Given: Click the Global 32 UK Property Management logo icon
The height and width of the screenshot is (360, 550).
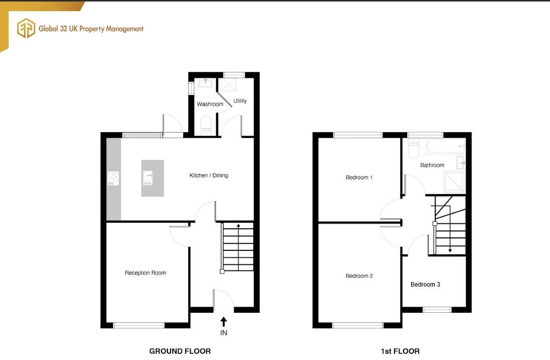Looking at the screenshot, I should click(26, 28).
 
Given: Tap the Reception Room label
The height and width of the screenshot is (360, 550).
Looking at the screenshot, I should click(145, 273).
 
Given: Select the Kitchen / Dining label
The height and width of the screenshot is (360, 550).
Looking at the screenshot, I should click(208, 175).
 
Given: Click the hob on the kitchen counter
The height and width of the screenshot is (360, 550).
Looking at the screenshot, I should click(113, 178).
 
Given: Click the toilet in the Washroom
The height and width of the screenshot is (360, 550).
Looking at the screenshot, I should click(206, 124).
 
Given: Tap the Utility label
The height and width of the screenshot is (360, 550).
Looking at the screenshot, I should click(240, 101).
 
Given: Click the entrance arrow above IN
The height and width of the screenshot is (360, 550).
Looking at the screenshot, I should click(223, 321).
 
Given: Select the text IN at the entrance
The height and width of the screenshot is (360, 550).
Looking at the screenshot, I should click(223, 333).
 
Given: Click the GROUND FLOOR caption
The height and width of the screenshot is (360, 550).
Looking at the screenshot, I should click(180, 351).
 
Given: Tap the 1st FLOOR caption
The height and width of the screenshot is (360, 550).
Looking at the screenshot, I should click(401, 351).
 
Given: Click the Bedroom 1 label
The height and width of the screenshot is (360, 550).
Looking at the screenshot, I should click(359, 177).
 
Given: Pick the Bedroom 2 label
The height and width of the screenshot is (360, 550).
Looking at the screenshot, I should click(359, 276).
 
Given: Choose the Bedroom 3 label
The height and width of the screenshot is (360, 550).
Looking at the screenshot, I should click(425, 285).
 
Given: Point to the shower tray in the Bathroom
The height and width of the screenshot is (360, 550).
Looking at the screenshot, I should click(454, 183).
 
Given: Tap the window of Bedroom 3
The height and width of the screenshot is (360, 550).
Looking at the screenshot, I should click(436, 309).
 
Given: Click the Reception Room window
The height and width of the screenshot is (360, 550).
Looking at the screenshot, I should click(139, 325).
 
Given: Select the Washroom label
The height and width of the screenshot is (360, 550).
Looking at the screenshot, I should click(210, 104).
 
